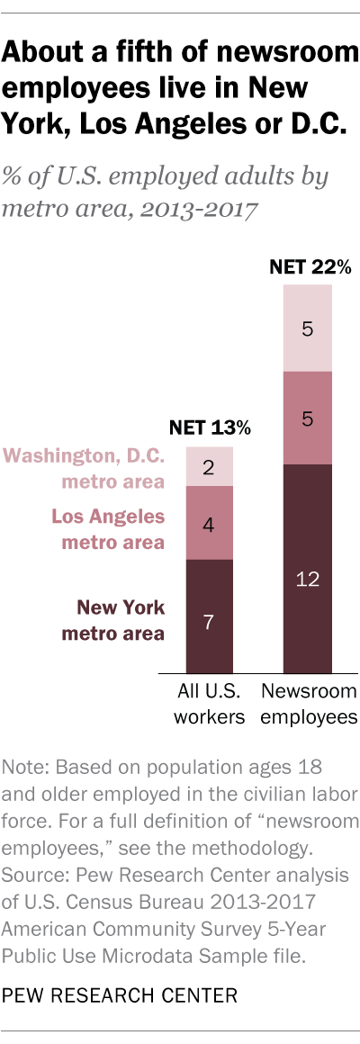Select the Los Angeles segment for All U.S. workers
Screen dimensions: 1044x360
[x=209, y=522]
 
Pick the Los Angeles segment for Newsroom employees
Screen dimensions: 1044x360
[x=308, y=418]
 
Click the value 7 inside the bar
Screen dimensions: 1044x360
[x=209, y=623]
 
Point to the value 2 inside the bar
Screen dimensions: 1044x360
[x=209, y=467]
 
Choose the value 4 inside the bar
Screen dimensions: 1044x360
[x=209, y=524]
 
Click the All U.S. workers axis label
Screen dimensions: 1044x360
[x=209, y=705]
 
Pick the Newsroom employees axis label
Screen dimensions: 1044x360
[x=308, y=705]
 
